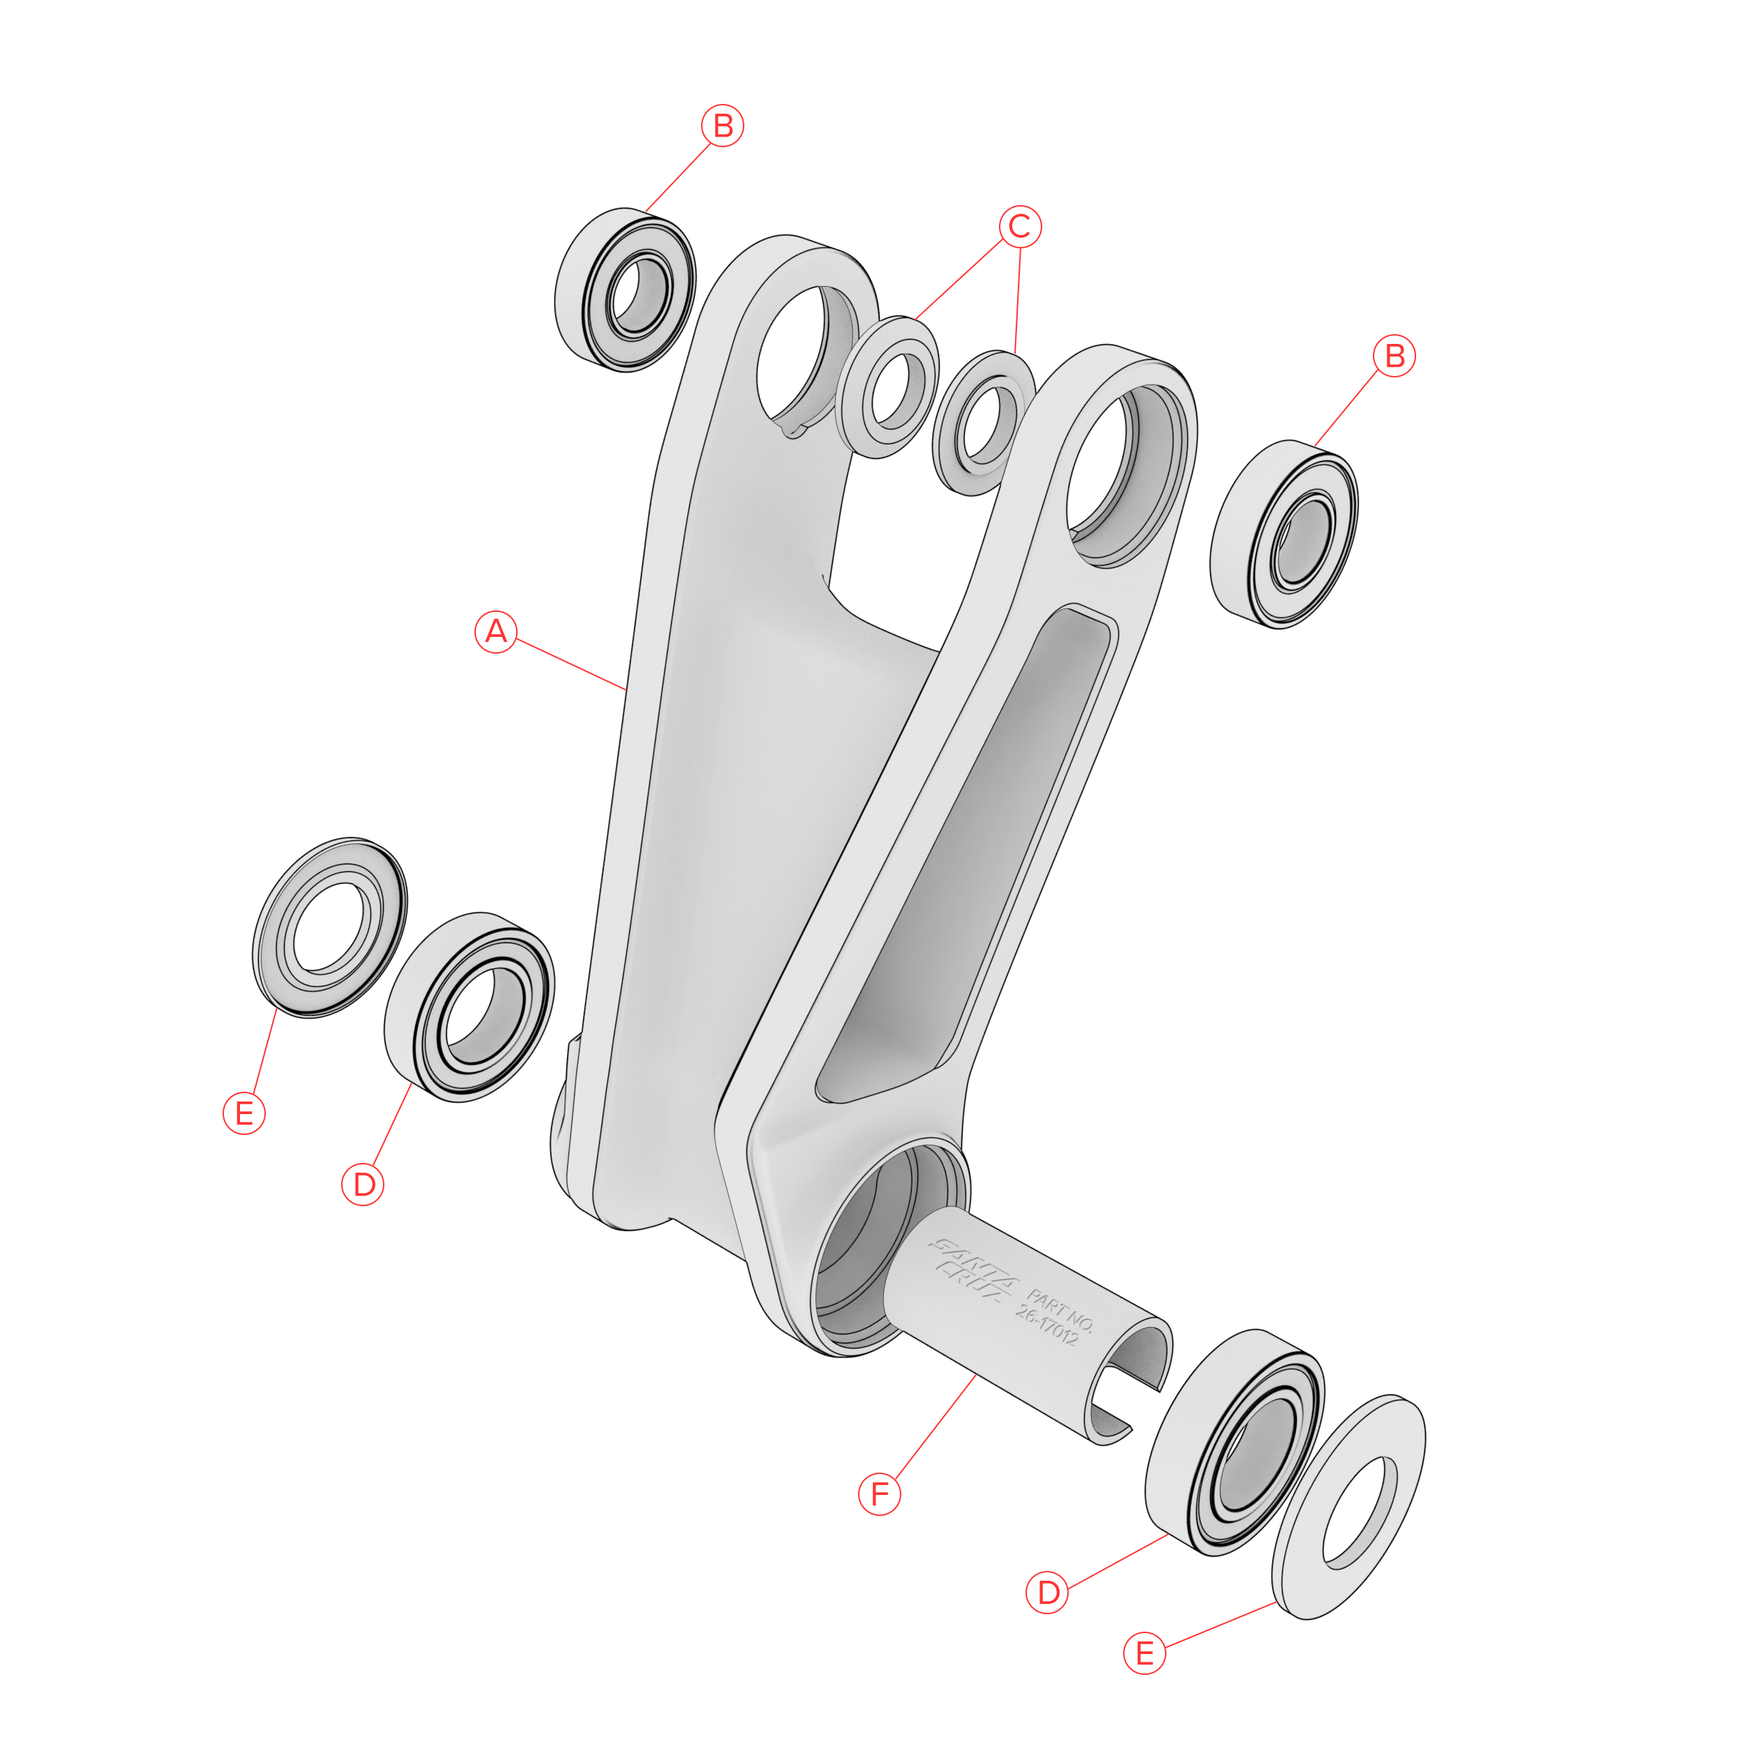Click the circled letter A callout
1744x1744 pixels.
[495, 632]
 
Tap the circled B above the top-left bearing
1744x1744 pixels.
[723, 126]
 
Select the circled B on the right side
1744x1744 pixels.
[1395, 356]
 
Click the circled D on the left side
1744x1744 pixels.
[363, 1185]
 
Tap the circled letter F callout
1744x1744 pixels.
[879, 1494]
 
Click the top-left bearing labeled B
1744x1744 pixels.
[624, 290]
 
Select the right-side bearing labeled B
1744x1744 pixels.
[1284, 534]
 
